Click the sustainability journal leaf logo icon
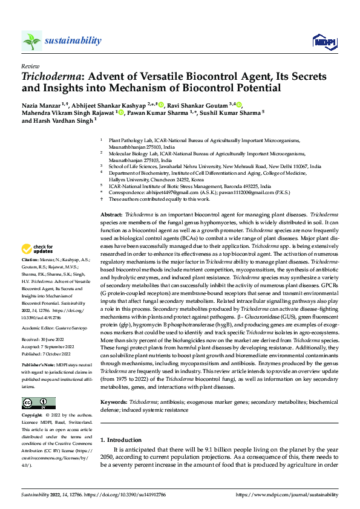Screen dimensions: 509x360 coord(31,41)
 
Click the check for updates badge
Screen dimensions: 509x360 coord(38,249)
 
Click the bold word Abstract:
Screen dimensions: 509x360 coord(111,215)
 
